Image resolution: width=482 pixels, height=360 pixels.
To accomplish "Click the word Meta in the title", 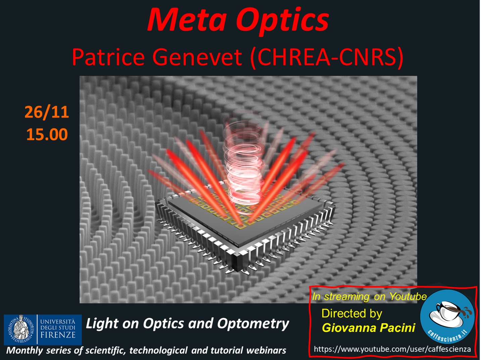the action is click(x=187, y=20).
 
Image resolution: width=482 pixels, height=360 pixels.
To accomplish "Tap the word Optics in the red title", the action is click(x=283, y=21).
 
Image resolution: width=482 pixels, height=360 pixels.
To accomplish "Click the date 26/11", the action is click(x=47, y=112).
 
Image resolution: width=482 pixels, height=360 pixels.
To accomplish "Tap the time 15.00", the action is click(x=47, y=134).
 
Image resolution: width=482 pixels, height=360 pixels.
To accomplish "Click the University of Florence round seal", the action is click(x=20, y=329).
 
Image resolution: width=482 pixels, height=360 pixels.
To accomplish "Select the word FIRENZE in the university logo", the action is click(x=58, y=335).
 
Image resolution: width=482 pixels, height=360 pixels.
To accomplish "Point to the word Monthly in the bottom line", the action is click(x=25, y=351).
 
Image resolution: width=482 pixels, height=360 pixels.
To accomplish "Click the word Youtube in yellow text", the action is click(x=408, y=297).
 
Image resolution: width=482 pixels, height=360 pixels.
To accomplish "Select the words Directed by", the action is click(x=352, y=313).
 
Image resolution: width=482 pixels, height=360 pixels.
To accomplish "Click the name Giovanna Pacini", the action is click(x=369, y=328).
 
